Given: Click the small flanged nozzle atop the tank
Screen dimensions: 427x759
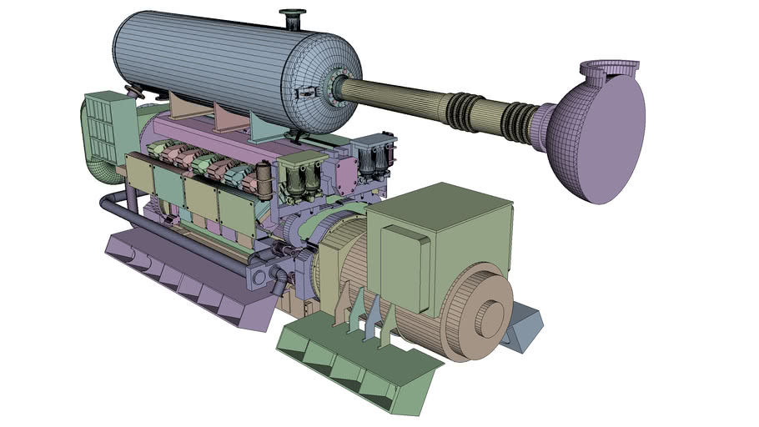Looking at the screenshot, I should (x=294, y=16).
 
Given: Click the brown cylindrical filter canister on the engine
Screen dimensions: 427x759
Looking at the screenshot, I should (x=265, y=177).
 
